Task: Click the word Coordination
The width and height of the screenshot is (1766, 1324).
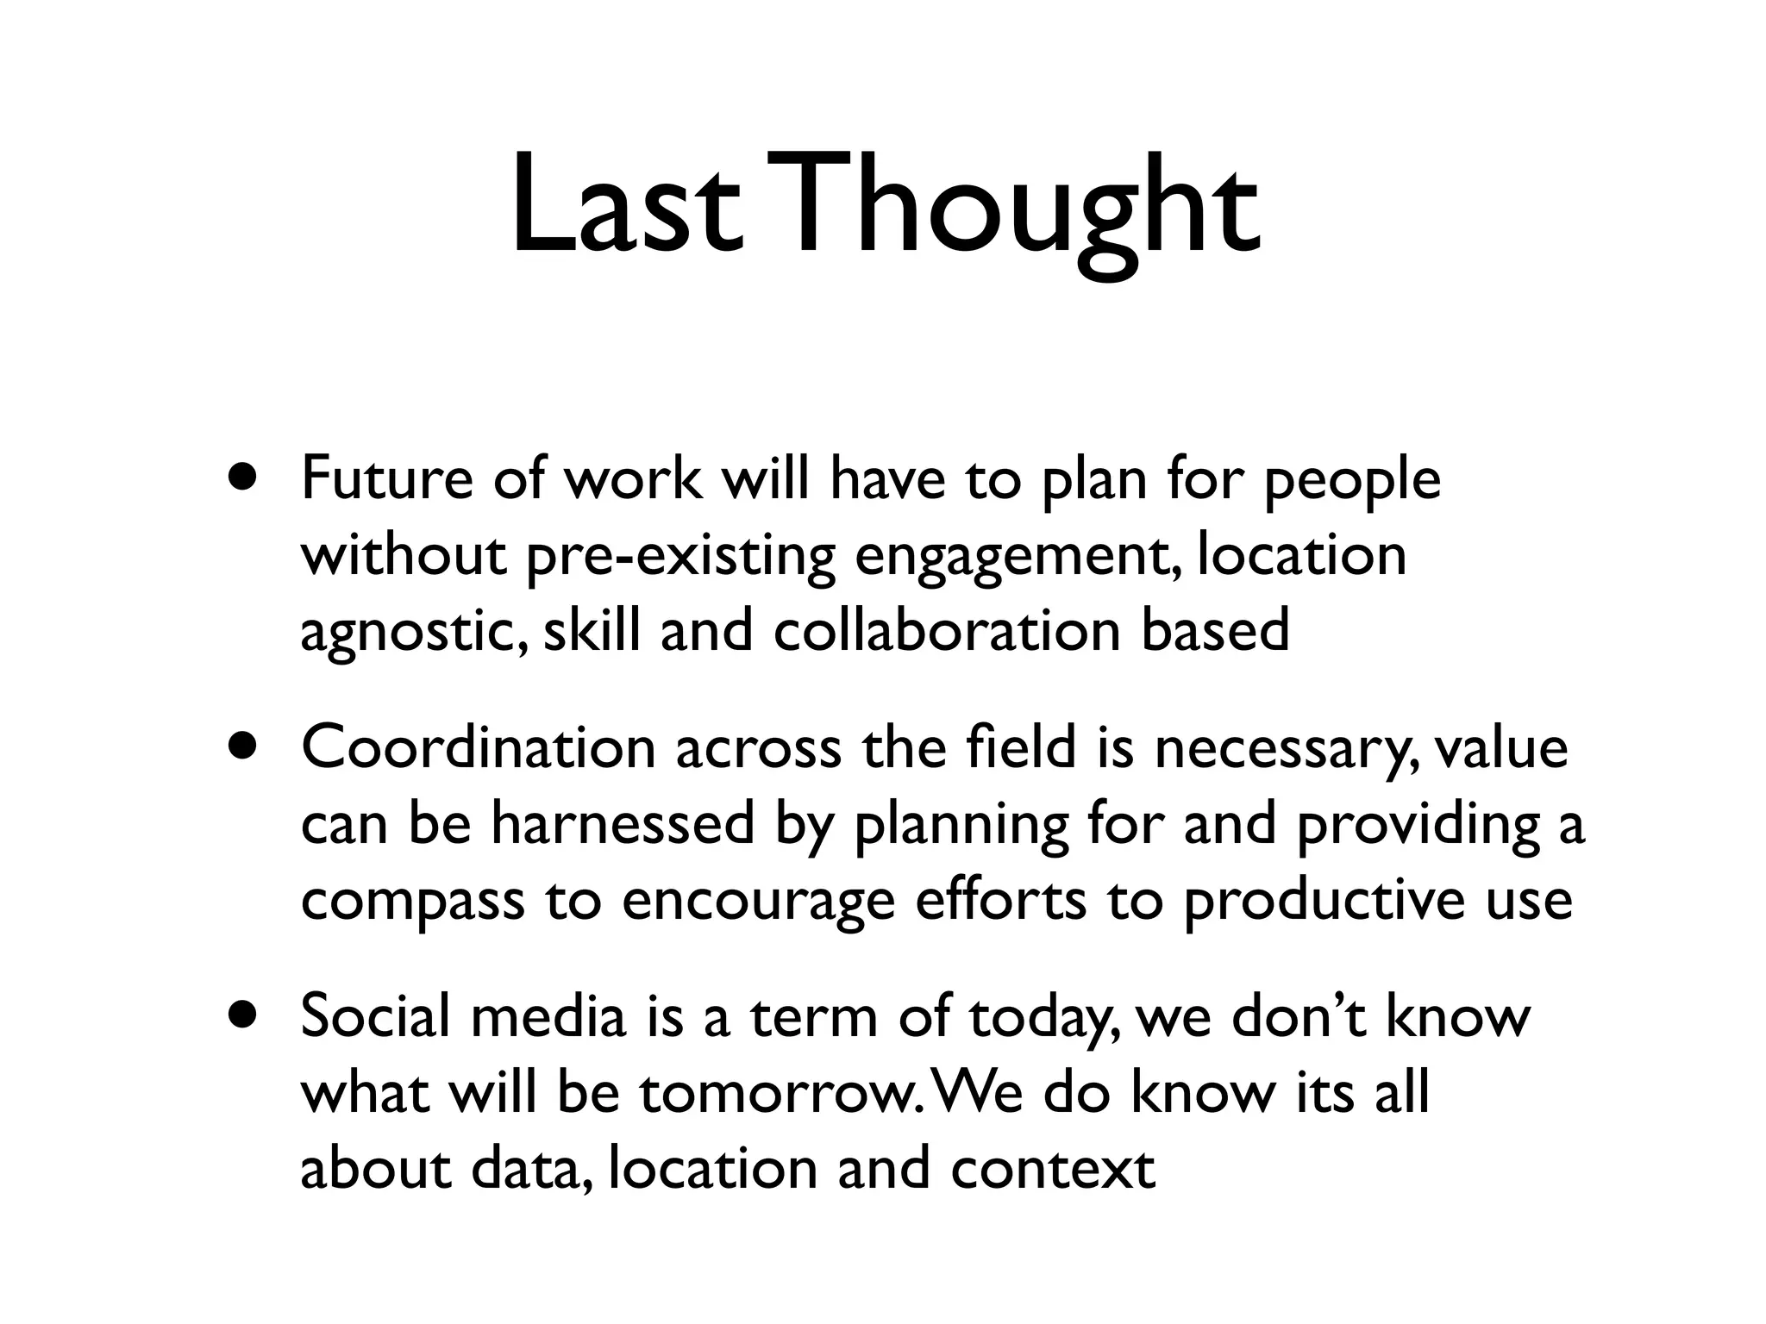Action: click(x=479, y=747)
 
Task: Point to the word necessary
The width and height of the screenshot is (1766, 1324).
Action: click(x=1277, y=749)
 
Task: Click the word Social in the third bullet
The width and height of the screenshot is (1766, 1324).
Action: click(x=375, y=1016)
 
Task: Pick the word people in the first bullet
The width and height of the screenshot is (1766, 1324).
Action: click(x=1352, y=482)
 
